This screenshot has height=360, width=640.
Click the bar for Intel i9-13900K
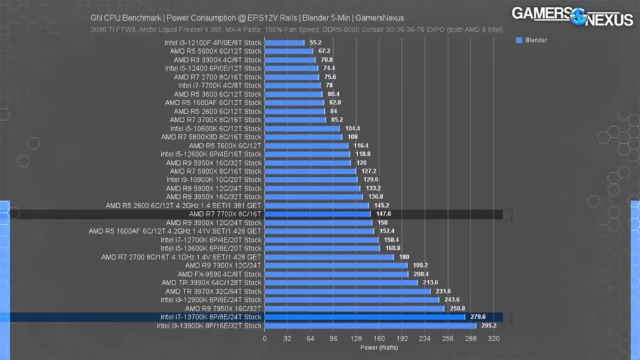click(370, 326)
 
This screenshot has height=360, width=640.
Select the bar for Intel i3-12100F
click(284, 42)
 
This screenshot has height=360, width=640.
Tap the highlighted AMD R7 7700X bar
click(317, 214)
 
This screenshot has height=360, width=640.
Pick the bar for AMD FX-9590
click(336, 274)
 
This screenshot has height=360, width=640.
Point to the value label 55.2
click(316, 42)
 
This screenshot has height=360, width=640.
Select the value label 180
click(404, 257)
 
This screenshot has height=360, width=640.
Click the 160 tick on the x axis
click(379, 338)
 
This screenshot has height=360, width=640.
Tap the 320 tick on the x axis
click(494, 338)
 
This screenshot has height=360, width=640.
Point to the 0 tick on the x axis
click(264, 338)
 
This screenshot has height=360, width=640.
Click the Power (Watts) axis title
click(379, 347)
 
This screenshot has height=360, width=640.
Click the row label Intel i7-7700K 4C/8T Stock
click(219, 86)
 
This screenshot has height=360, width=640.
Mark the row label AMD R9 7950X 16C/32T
click(223, 308)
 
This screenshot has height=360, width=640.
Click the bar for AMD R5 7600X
click(306, 146)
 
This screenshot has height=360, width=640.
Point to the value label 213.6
click(431, 282)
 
